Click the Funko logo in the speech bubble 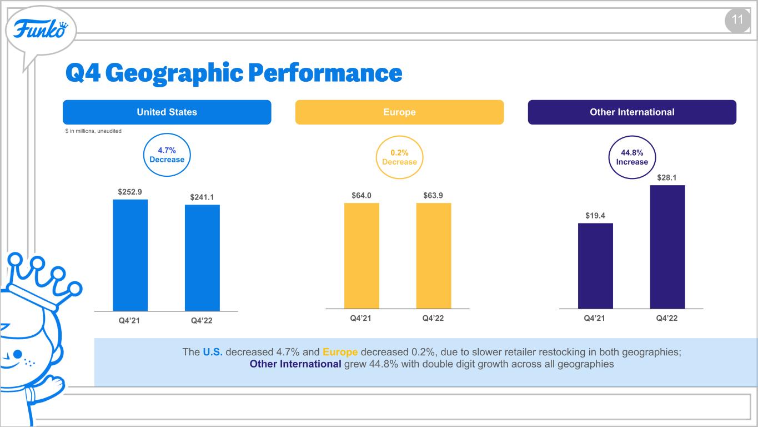(x=41, y=29)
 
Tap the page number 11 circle (x=737, y=21)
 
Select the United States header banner (x=167, y=112)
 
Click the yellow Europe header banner (x=399, y=112)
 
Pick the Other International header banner (x=632, y=112)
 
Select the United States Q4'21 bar (x=130, y=255)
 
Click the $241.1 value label (x=202, y=197)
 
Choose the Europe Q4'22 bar (x=434, y=256)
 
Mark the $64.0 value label (x=362, y=196)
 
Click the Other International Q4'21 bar (x=595, y=266)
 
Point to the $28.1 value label (x=666, y=177)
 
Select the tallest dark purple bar (x=667, y=247)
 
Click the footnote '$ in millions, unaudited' (x=93, y=131)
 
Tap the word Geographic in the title (x=174, y=73)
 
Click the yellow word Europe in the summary (x=340, y=352)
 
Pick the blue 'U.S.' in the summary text (x=213, y=352)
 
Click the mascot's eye (x=18, y=355)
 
